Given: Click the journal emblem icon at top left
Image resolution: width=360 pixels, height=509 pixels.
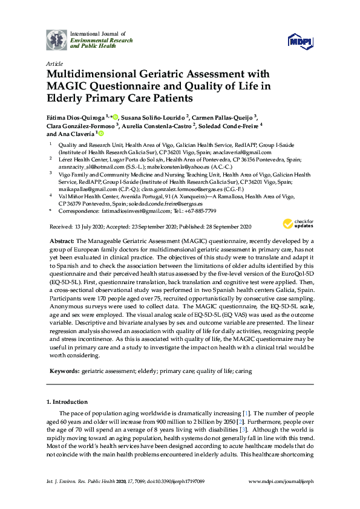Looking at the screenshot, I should [x=57, y=41].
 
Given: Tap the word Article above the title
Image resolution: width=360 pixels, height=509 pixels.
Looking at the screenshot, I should [x=53, y=63].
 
